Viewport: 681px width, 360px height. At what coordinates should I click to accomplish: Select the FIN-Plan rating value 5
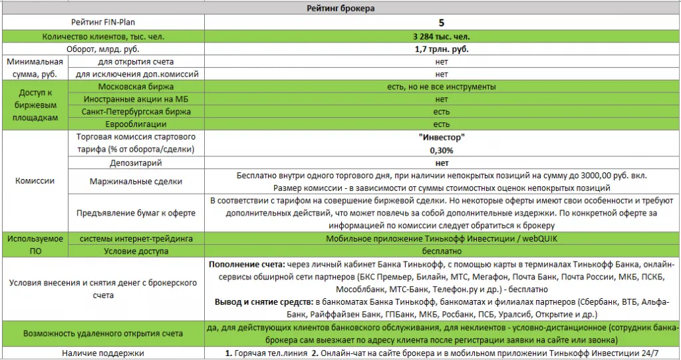442,22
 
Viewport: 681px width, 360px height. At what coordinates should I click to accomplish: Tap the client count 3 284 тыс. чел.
442,36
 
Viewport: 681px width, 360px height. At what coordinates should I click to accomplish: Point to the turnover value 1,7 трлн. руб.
442,49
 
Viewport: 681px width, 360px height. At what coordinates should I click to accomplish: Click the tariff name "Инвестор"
442,138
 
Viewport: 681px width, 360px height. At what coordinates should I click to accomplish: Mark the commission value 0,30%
442,150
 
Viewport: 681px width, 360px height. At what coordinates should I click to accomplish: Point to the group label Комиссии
35,181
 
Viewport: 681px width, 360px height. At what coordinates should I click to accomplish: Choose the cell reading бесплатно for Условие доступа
442,251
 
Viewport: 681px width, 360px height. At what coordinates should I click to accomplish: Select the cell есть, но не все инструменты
442,87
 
